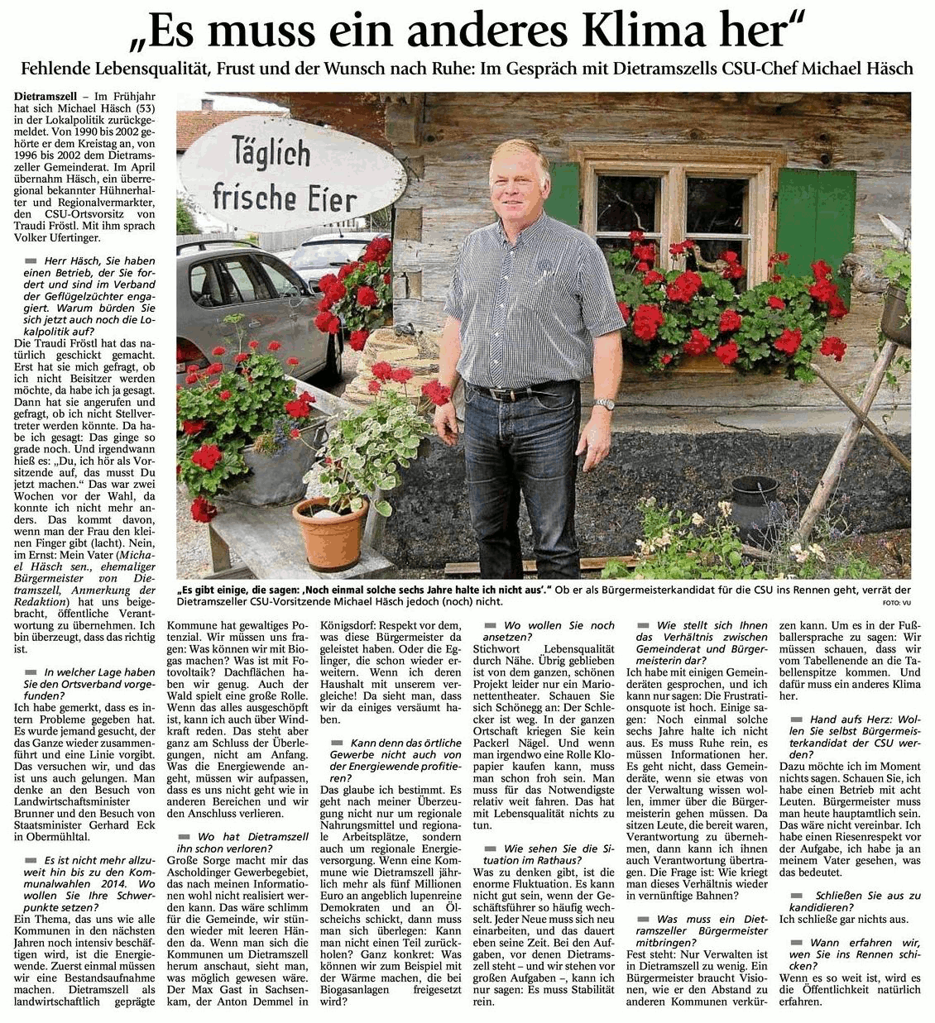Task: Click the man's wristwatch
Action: tap(607, 404)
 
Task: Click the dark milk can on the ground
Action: tap(753, 507)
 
